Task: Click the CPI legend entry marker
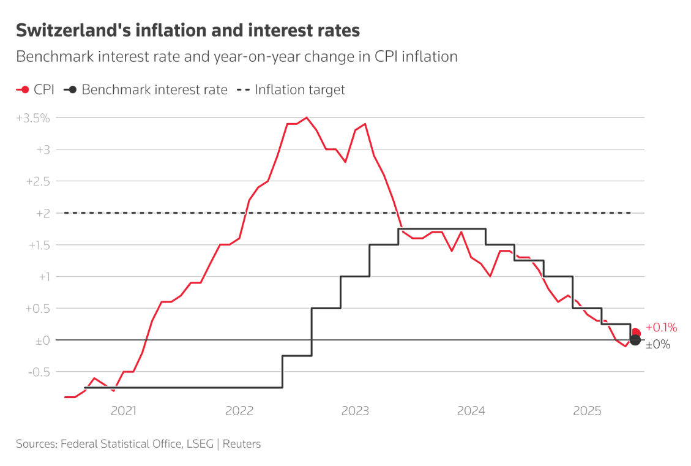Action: pos(23,90)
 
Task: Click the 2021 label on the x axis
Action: pos(123,411)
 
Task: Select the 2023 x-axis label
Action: pos(354,411)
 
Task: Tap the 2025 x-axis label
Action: pos(586,411)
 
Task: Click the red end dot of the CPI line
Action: pos(636,333)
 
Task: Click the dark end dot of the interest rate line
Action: pos(635,340)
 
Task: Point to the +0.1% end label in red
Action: pos(662,328)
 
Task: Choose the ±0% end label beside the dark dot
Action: pos(659,345)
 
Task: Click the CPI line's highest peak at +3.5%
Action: pos(307,118)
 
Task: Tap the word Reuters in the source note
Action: pos(242,444)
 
